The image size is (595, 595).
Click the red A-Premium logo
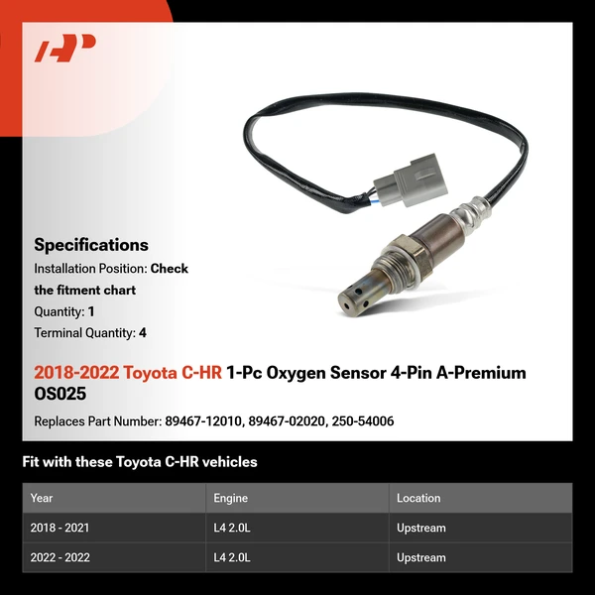tap(64, 48)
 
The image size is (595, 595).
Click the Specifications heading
tap(91, 245)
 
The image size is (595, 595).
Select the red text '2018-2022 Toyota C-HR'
tap(128, 373)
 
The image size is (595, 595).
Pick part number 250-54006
tap(364, 421)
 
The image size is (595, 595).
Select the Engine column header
tap(230, 498)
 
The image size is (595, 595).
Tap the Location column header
tap(418, 498)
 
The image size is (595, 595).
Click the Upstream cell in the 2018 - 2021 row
tap(421, 529)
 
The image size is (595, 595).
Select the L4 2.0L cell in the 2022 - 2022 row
tap(232, 558)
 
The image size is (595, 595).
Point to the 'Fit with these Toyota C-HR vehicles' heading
tap(140, 461)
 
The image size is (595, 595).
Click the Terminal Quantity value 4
tap(143, 333)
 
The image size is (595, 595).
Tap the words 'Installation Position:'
tap(90, 269)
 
